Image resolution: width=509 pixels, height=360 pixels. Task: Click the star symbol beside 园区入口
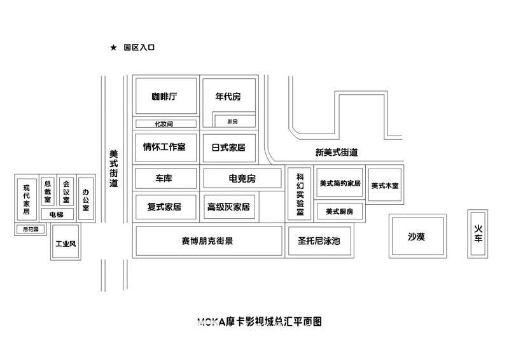(113, 48)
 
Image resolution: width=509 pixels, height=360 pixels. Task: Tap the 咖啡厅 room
(164, 97)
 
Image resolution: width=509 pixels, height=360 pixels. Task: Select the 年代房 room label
(228, 97)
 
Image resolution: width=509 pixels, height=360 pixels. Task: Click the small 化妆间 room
(164, 123)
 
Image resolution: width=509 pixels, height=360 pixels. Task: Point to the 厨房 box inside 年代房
(233, 120)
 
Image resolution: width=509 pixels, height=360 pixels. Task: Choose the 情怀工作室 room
(164, 147)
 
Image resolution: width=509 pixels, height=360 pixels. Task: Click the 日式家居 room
(228, 147)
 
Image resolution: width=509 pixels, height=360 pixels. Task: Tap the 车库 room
(164, 178)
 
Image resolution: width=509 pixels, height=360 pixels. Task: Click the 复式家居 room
(164, 207)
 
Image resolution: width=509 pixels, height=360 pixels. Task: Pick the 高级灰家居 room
(228, 207)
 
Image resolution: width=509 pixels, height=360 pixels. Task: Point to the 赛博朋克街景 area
(207, 241)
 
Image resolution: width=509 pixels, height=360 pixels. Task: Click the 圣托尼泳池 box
(319, 241)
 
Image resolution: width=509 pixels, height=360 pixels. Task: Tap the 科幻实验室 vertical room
(300, 193)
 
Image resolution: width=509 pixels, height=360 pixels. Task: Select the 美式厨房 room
(339, 211)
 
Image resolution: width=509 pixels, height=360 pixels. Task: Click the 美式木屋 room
(385, 185)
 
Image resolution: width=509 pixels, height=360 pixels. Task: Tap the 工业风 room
(66, 242)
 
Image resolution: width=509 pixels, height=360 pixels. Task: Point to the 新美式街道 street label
(336, 153)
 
